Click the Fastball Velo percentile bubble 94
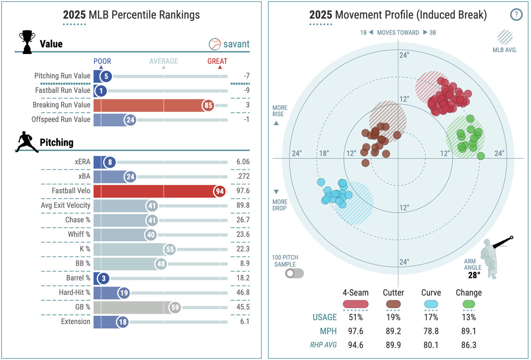(x=219, y=191)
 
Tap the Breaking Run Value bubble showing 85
(x=208, y=105)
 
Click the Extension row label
(x=75, y=322)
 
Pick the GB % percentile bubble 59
(x=175, y=307)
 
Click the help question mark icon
(x=516, y=15)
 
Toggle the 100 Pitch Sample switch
(x=294, y=273)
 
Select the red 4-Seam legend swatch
(x=355, y=304)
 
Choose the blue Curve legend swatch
(x=431, y=304)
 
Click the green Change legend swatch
(x=469, y=304)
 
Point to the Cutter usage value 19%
(x=393, y=317)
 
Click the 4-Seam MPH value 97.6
(x=355, y=331)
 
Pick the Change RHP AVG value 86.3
(x=469, y=345)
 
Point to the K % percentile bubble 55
(x=170, y=249)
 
